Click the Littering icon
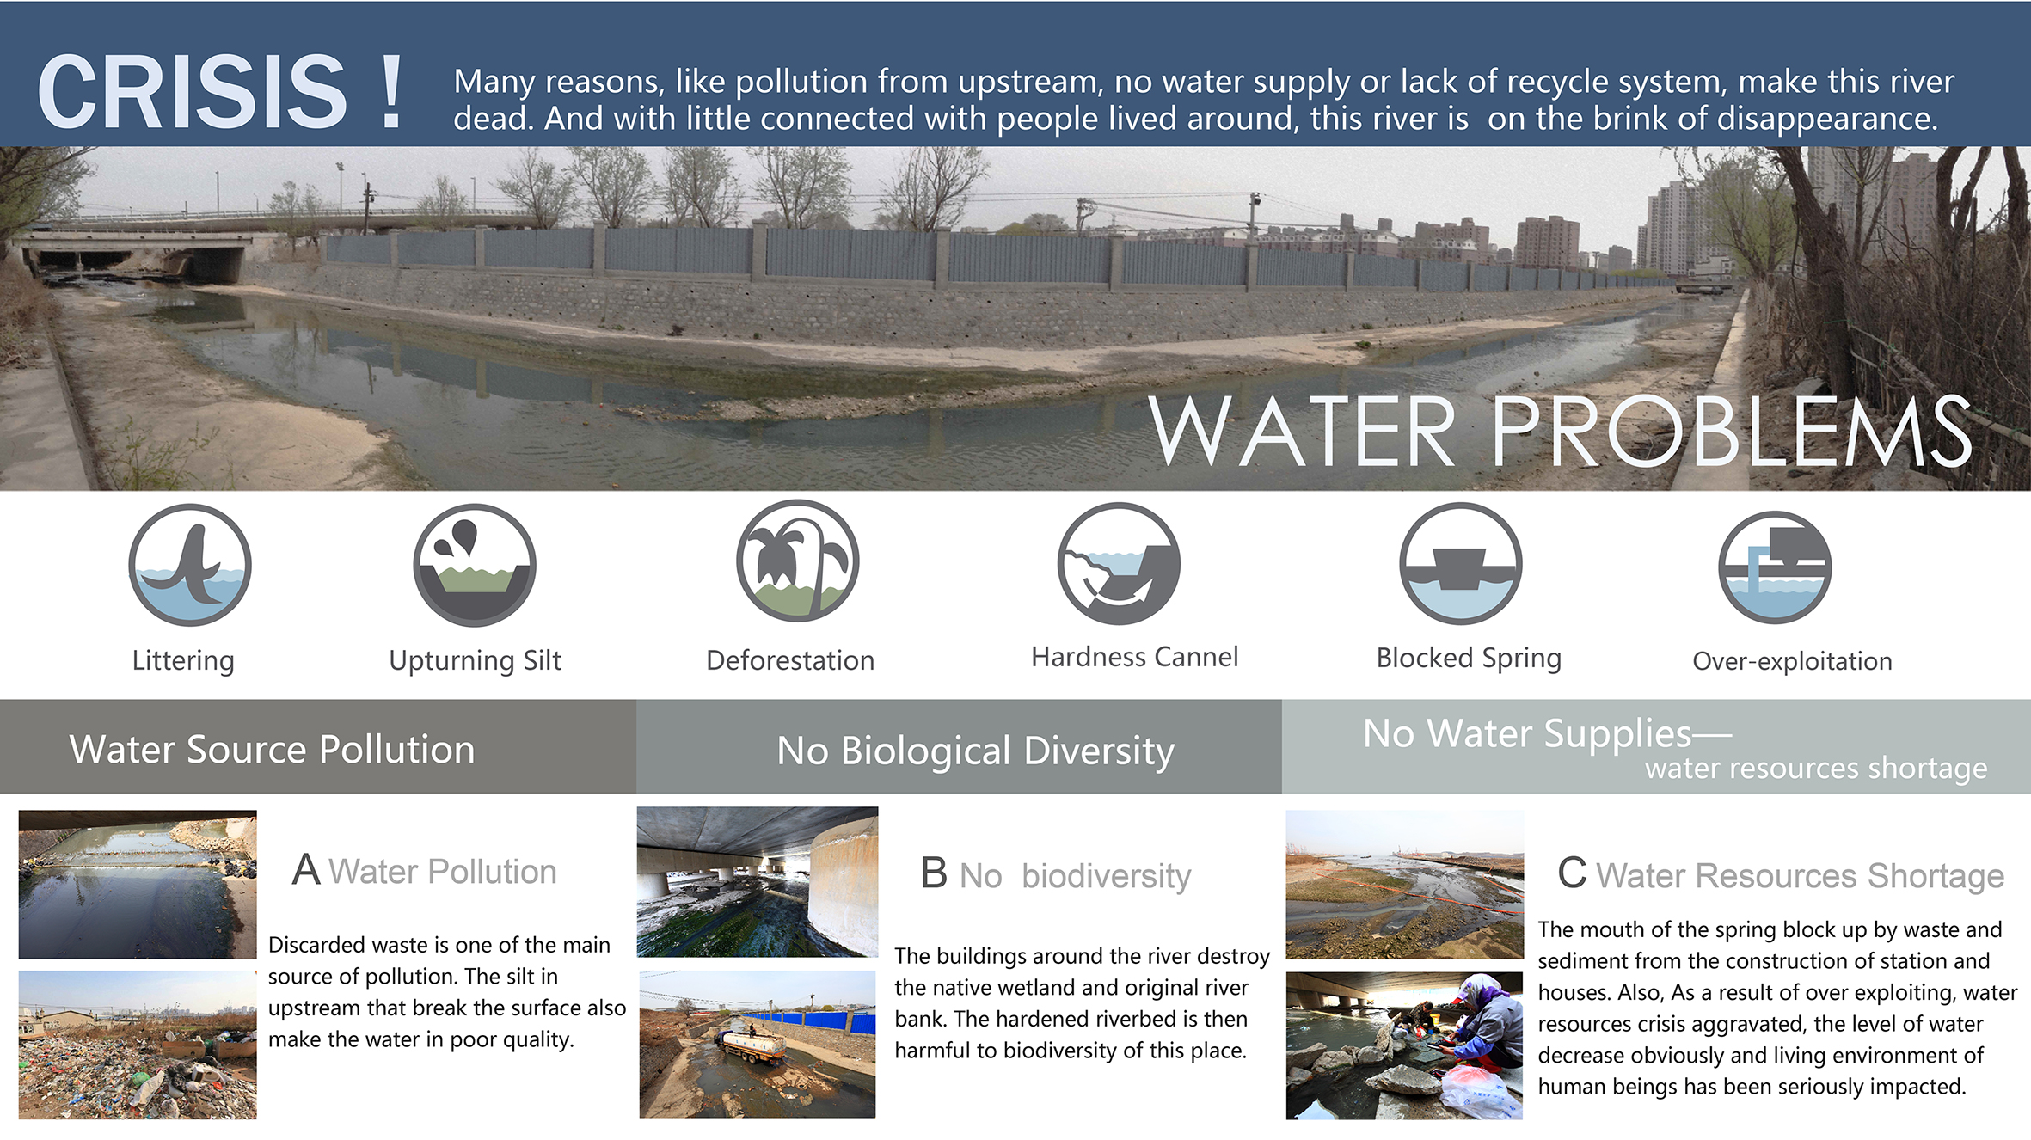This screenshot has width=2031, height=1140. [190, 565]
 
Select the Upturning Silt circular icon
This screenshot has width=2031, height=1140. [475, 565]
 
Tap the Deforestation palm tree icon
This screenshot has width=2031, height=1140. [798, 561]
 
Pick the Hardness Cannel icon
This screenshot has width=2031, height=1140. [1119, 563]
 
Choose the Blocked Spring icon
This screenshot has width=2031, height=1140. [1461, 563]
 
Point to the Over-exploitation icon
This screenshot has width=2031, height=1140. [1775, 567]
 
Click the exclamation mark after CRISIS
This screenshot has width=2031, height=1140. [392, 92]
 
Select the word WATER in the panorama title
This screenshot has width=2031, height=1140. [1302, 432]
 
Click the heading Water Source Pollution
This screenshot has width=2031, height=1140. [272, 750]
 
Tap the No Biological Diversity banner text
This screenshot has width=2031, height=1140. [975, 751]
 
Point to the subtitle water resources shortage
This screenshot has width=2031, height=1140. [1816, 768]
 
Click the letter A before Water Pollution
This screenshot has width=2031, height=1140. [306, 870]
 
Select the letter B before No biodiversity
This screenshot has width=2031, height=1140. [934, 873]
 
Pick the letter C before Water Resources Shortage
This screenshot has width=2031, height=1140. [1572, 873]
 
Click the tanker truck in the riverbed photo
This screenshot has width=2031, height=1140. [751, 1043]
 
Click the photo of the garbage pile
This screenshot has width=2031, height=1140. [138, 1045]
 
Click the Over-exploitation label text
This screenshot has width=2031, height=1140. [1792, 661]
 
